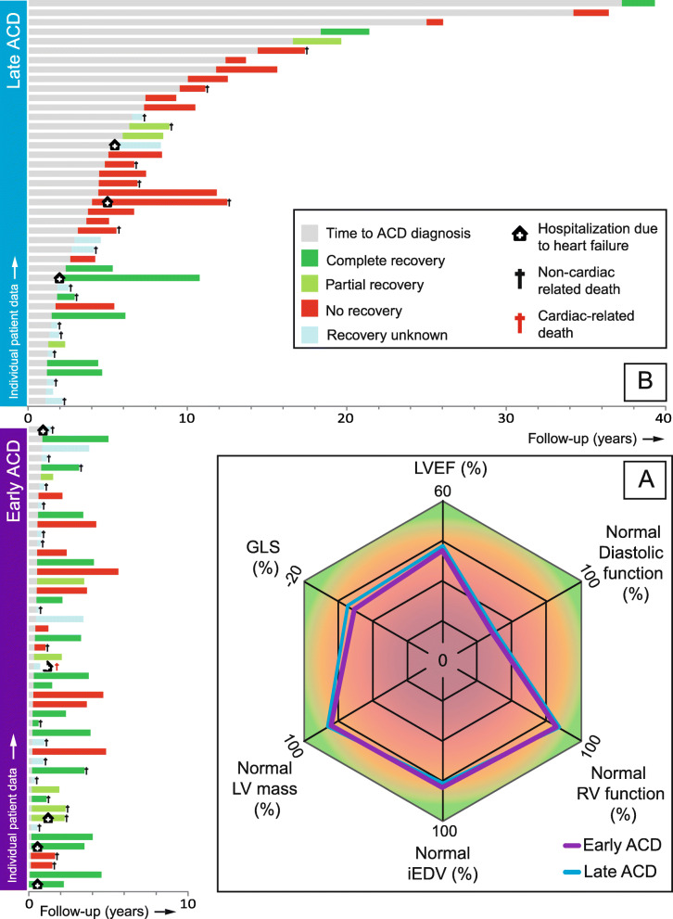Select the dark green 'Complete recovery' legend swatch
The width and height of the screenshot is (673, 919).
(x=311, y=259)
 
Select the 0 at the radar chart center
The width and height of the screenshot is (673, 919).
(x=442, y=659)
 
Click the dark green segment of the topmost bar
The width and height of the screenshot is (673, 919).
(x=638, y=4)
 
